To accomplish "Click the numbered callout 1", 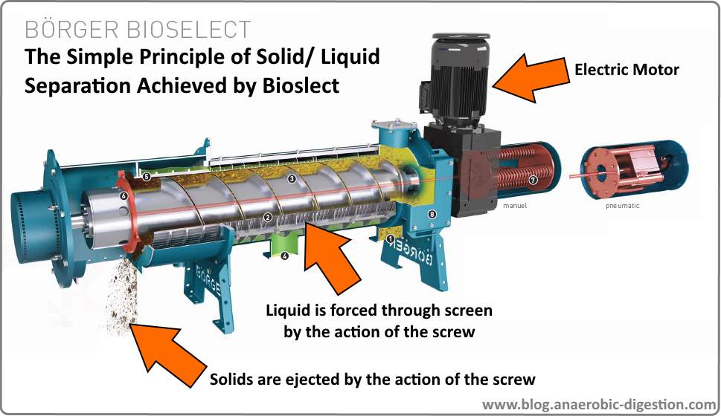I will [391, 238].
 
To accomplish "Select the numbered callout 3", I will [292, 179].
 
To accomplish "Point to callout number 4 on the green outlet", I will [284, 256].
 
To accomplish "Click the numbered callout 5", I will [147, 177].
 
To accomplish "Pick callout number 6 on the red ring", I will [124, 196].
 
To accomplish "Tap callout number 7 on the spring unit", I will [533, 181].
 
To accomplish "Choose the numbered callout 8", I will [432, 215].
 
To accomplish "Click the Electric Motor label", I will [627, 71].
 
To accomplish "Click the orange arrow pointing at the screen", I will [333, 261].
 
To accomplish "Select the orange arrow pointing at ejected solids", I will [170, 351].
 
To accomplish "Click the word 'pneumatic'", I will [623, 206].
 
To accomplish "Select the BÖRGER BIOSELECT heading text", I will [138, 30].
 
